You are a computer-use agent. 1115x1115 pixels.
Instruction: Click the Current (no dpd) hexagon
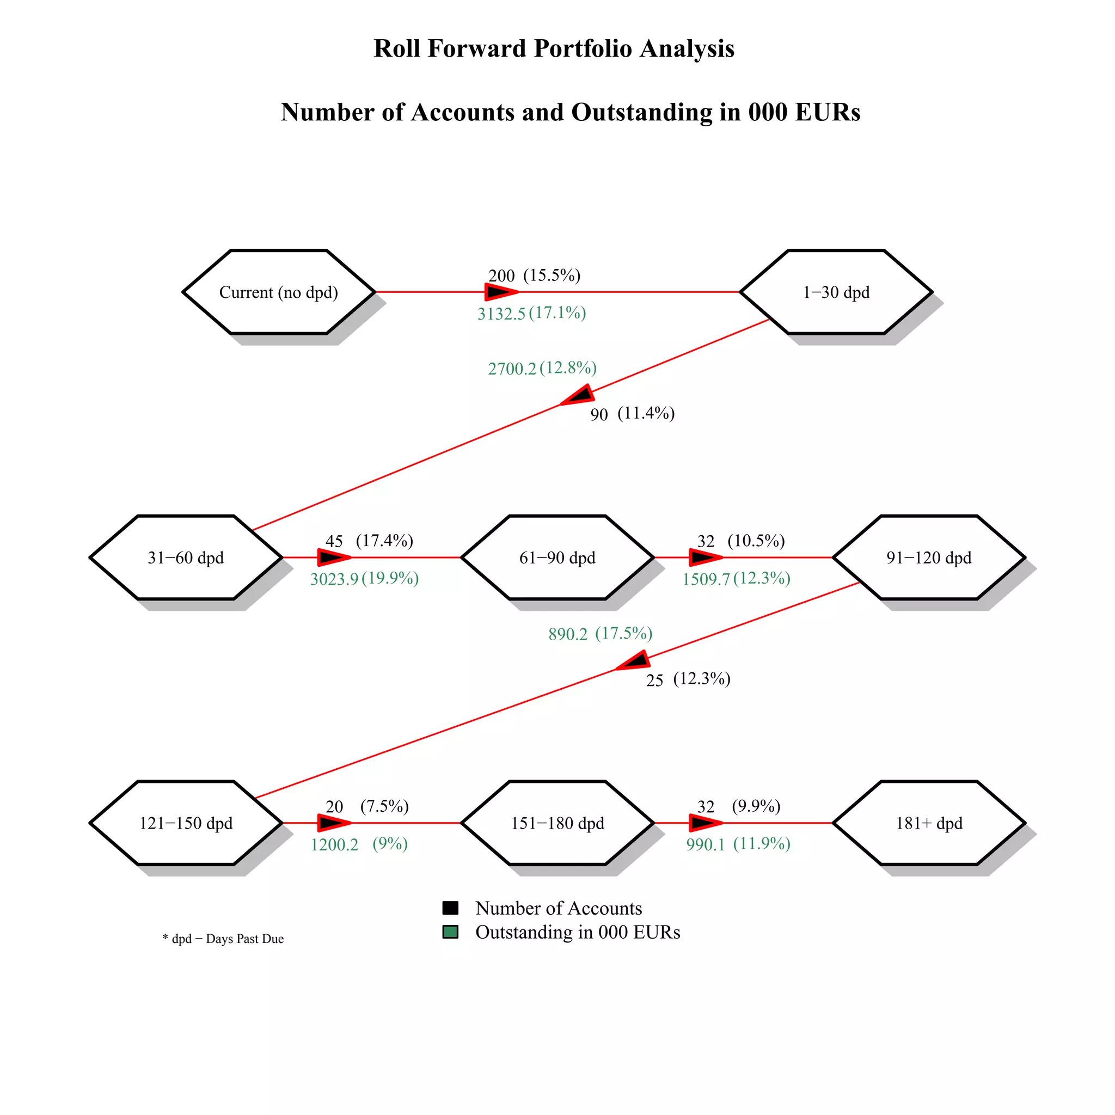click(279, 292)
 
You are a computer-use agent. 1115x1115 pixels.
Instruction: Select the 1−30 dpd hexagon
click(836, 292)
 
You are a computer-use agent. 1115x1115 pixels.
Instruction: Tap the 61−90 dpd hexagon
click(557, 557)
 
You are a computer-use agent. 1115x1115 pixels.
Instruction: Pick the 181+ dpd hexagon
click(929, 823)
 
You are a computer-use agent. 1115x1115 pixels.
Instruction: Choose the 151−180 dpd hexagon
click(557, 823)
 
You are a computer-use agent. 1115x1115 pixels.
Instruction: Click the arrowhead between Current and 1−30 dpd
click(500, 292)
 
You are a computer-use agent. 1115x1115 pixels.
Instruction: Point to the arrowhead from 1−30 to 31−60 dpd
click(579, 396)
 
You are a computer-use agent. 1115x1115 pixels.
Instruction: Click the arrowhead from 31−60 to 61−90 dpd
click(334, 557)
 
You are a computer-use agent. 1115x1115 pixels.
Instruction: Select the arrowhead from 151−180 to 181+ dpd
click(705, 823)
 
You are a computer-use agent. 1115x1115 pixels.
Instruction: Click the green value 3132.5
click(501, 314)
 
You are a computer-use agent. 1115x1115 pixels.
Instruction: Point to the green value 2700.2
click(512, 369)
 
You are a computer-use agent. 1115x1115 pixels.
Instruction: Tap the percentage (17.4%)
click(384, 541)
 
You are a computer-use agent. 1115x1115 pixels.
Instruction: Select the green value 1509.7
click(706, 579)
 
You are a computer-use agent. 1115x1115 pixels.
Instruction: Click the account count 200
click(501, 276)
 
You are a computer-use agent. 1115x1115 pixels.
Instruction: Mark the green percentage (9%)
click(390, 844)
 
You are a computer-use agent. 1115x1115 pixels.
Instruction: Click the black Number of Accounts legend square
click(450, 908)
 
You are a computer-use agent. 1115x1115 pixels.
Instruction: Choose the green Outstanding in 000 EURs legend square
click(450, 932)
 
